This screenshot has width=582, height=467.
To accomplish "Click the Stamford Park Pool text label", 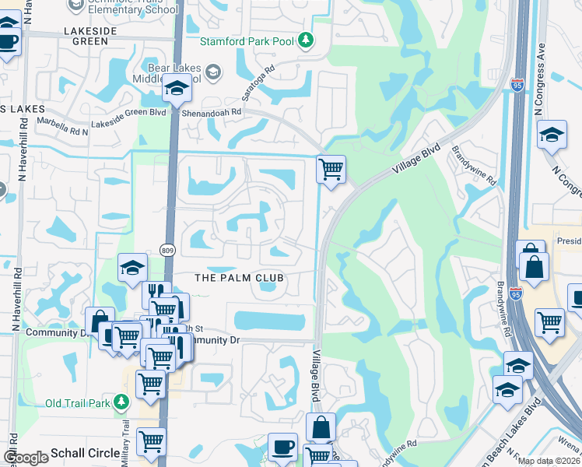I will (248, 40).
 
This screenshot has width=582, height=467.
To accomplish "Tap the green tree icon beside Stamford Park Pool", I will (307, 40).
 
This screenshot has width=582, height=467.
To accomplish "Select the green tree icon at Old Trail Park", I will (121, 402).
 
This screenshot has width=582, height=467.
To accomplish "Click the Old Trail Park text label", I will (79, 402).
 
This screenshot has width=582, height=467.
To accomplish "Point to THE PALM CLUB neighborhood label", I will (237, 278).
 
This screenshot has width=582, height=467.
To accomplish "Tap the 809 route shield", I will (168, 250).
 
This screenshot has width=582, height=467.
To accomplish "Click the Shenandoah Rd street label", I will (212, 111).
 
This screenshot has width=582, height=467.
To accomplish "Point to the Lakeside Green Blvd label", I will (130, 112).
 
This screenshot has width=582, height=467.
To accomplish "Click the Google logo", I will (25, 458).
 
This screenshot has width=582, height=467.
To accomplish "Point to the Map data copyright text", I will (549, 461).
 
